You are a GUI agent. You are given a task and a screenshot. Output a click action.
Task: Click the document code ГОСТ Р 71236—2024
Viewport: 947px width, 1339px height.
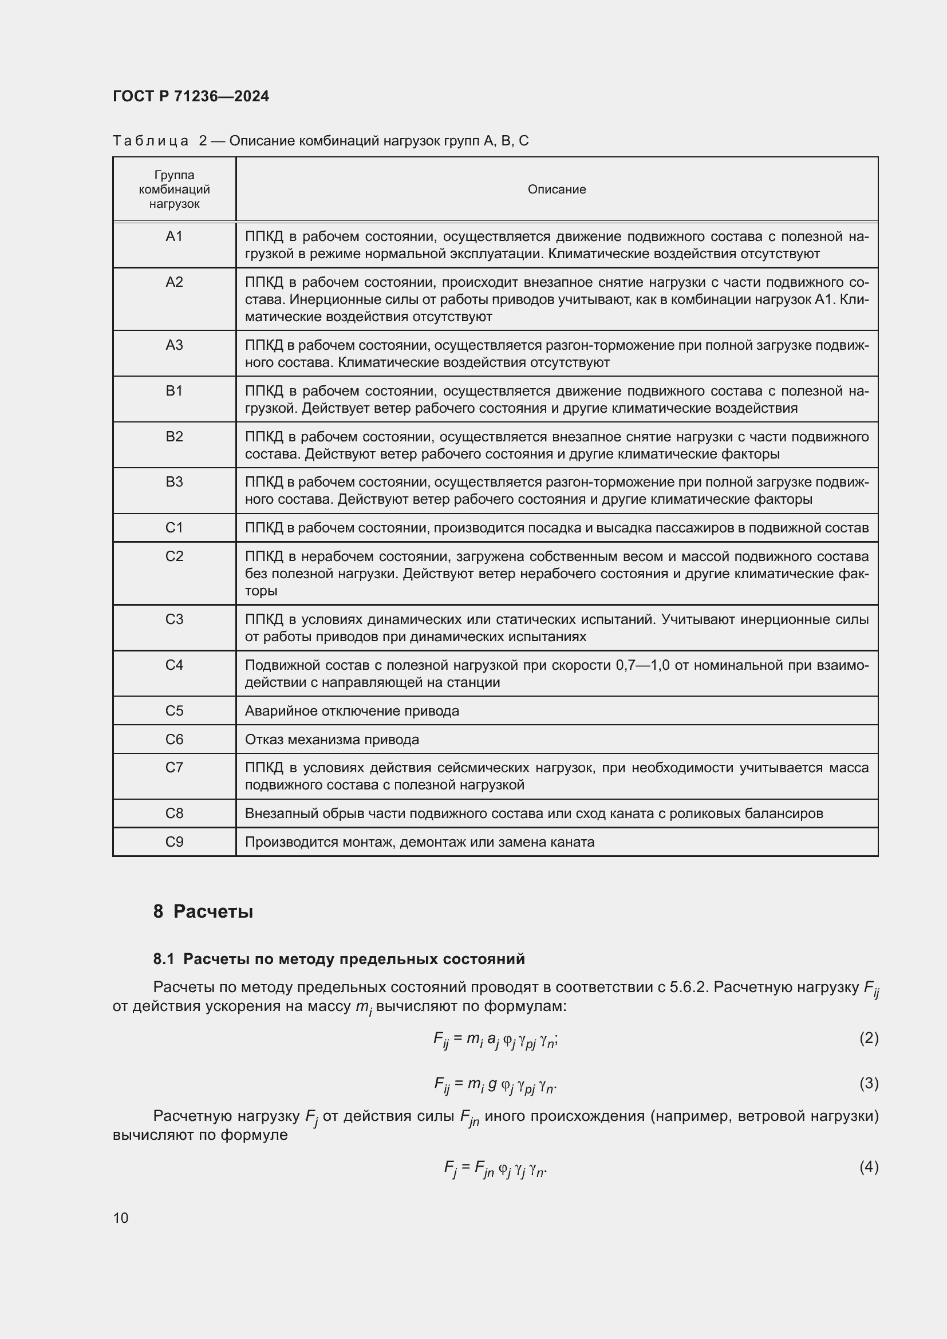191,96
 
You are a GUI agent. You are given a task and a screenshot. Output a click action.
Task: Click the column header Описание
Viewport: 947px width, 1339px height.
557,189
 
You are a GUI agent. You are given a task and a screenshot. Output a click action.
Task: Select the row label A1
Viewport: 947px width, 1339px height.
175,236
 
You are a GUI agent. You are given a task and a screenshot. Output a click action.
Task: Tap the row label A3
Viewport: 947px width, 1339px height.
175,345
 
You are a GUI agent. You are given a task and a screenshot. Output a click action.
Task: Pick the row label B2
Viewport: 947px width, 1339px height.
175,436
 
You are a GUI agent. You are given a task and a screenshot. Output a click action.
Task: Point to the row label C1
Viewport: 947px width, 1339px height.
175,527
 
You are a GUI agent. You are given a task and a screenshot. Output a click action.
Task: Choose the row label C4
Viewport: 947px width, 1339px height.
175,664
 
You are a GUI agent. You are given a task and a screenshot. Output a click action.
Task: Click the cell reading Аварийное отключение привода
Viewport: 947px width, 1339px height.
352,710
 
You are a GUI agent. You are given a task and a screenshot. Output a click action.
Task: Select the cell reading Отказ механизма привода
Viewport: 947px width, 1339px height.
332,739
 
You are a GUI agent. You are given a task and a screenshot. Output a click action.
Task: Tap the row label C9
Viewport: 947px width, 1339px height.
175,842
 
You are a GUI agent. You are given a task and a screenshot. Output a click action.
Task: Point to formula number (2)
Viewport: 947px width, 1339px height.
869,1037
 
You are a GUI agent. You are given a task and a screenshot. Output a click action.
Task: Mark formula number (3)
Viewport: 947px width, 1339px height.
869,1083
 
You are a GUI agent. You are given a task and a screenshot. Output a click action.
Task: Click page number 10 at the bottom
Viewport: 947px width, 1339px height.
121,1218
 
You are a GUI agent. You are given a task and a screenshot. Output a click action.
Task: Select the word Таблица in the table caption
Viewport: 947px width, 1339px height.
151,141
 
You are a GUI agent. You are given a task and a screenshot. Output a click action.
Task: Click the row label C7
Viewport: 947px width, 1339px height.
175,768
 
